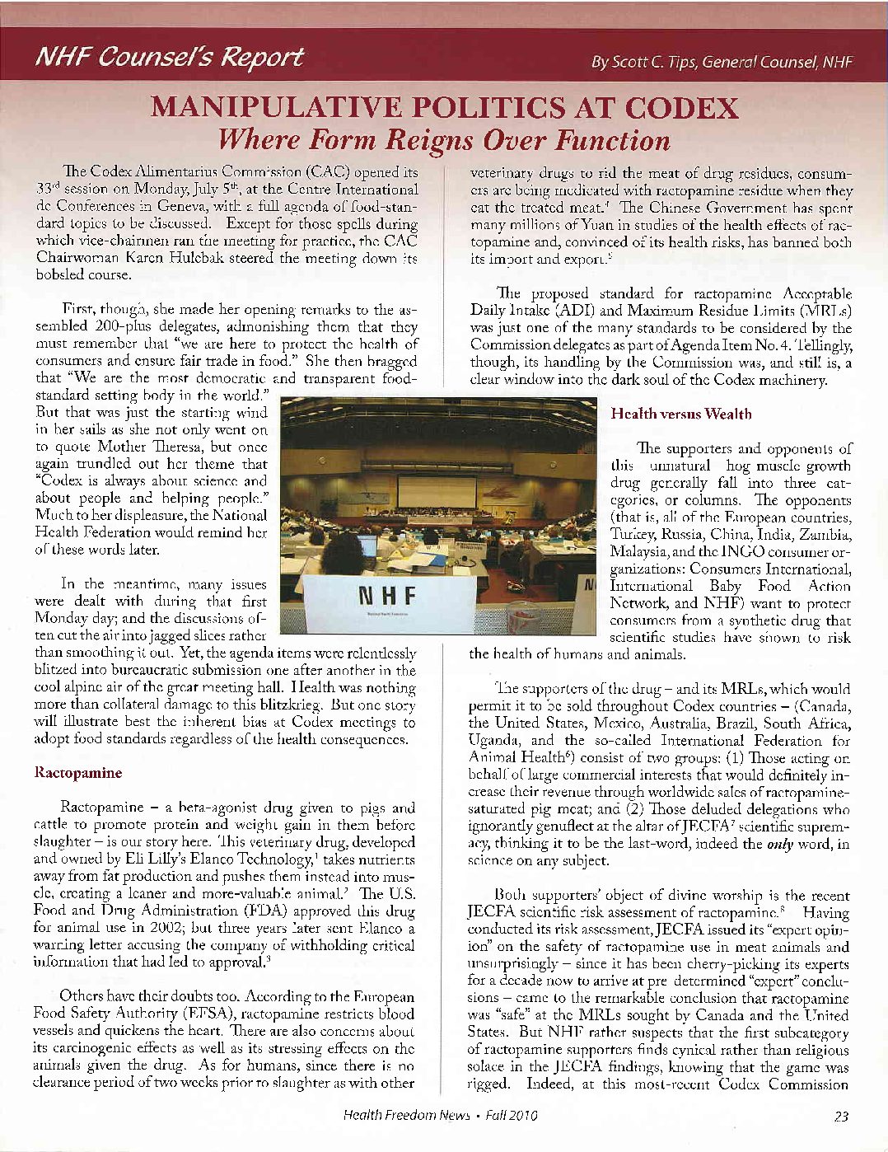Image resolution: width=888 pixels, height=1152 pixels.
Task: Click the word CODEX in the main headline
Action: point(681,108)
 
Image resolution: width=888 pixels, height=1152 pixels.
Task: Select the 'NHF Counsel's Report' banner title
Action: point(170,57)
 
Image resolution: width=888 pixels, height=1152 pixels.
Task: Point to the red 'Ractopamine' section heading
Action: point(77,773)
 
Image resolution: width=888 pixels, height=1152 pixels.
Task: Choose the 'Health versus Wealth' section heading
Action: point(681,414)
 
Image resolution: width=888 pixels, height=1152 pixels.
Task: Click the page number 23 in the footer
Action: point(841,1116)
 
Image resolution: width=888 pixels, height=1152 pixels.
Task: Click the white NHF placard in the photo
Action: point(388,600)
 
